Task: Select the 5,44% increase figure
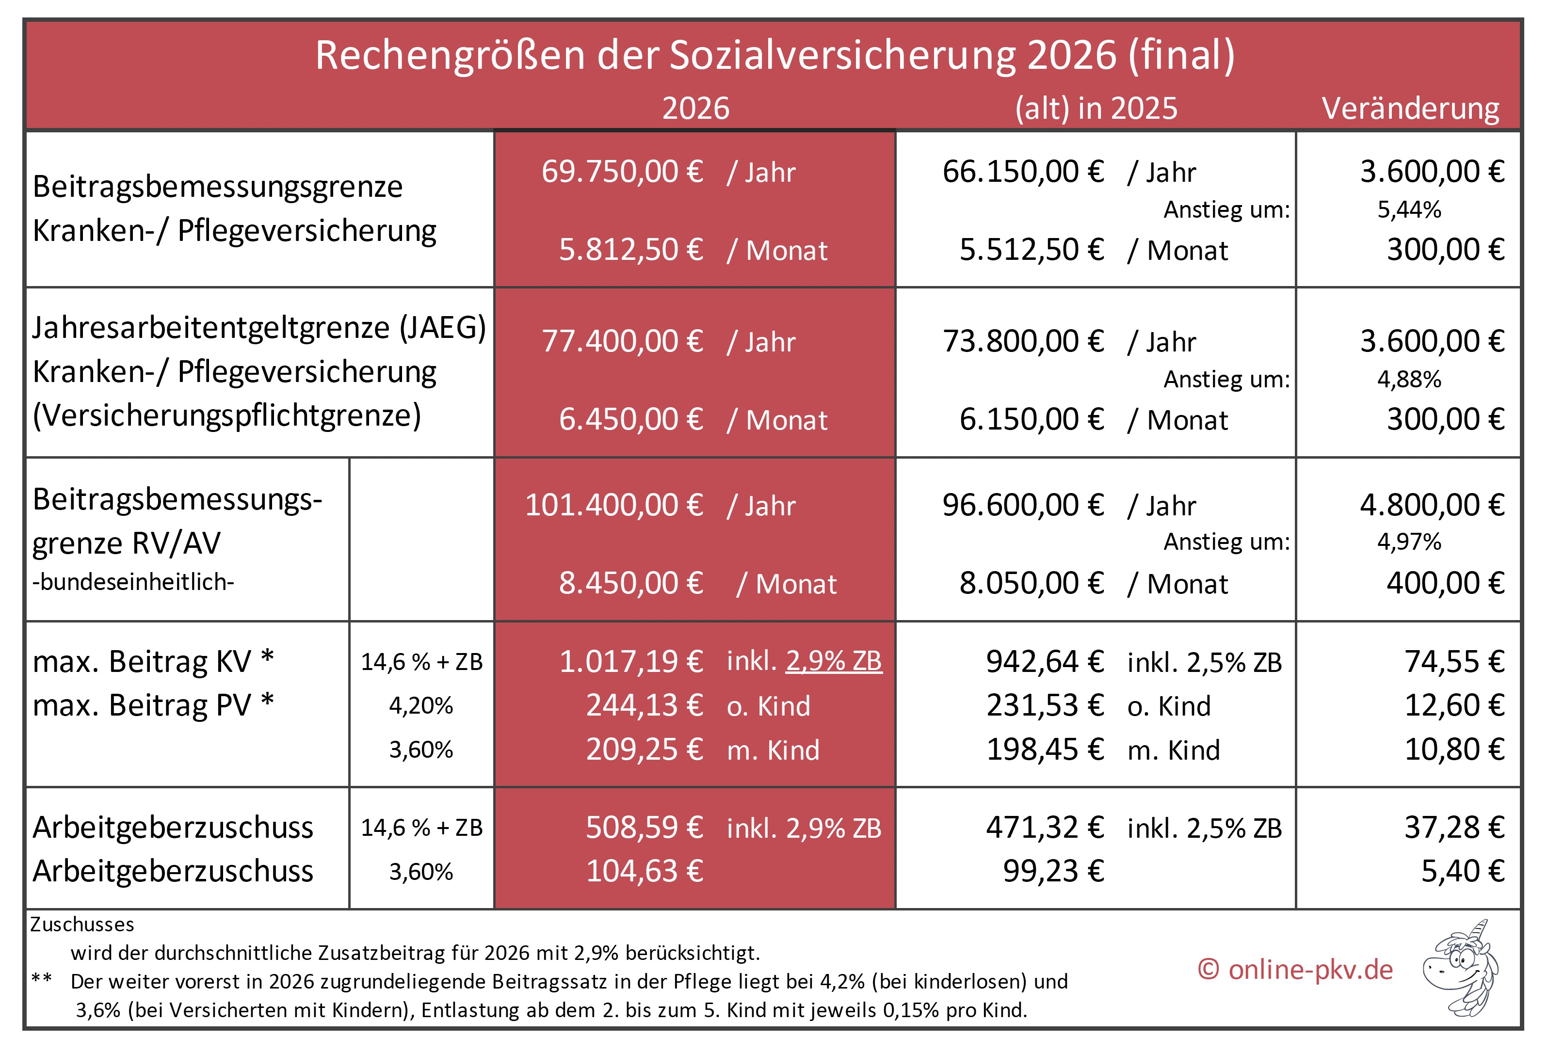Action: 1408,210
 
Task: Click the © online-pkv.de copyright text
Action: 1294,970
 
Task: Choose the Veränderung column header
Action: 1410,109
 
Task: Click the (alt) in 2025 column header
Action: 1096,109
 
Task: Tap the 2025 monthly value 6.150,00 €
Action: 1031,420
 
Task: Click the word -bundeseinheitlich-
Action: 133,582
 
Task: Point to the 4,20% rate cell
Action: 421,705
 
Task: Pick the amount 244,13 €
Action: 644,705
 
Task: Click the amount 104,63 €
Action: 644,871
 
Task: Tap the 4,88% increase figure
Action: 1408,380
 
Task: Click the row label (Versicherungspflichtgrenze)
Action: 226,415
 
